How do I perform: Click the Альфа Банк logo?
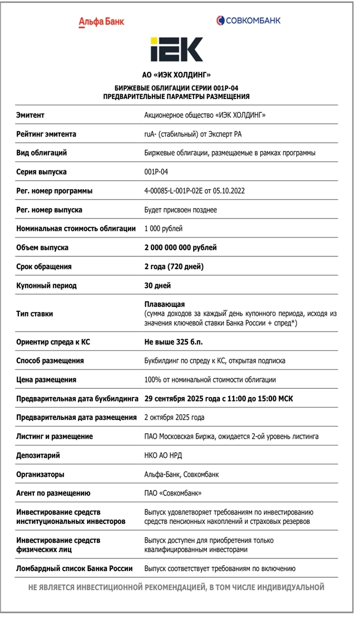[x=101, y=22]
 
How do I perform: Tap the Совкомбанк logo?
[x=248, y=21]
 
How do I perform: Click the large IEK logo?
[x=176, y=49]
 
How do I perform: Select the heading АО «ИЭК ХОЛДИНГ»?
[x=176, y=74]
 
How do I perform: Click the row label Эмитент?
[x=31, y=115]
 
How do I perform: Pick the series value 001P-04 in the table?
[x=156, y=172]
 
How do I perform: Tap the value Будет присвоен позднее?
[x=180, y=210]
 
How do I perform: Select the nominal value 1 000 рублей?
[x=163, y=229]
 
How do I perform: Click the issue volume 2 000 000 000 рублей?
[x=180, y=247]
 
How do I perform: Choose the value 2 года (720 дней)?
[x=174, y=266]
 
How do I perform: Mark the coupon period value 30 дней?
[x=157, y=285]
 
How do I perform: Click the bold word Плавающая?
[x=164, y=304]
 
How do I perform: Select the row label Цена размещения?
[x=46, y=380]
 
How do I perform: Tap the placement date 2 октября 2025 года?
[x=174, y=417]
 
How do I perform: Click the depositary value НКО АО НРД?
[x=163, y=455]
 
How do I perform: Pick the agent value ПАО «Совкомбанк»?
[x=172, y=493]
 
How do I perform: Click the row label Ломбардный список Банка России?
[x=75, y=568]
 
